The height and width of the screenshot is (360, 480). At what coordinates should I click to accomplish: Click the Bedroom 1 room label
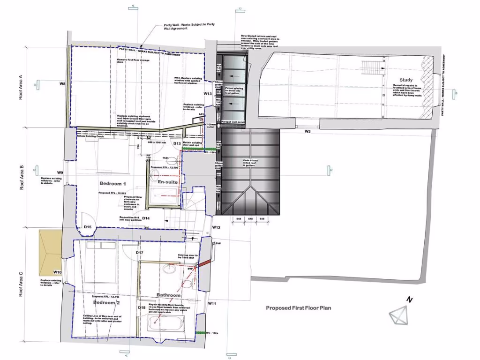pos(113,183)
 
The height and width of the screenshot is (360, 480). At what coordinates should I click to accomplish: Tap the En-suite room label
pos(167,181)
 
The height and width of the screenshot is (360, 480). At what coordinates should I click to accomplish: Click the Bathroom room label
pos(168,295)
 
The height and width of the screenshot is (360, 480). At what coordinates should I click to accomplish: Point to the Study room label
pos(406,80)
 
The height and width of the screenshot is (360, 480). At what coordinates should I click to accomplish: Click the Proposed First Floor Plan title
pos(299,308)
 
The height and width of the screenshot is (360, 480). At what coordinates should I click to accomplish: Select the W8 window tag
pos(62,84)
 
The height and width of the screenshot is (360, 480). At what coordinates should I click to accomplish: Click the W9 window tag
pos(60,172)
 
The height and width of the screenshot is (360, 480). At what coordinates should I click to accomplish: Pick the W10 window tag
pos(58,272)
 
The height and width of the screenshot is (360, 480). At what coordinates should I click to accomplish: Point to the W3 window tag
pos(307,132)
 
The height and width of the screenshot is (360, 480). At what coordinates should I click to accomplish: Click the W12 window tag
pos(216,227)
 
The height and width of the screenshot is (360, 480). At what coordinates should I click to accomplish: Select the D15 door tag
pos(87,227)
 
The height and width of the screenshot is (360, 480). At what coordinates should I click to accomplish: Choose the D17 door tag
pos(139,253)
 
